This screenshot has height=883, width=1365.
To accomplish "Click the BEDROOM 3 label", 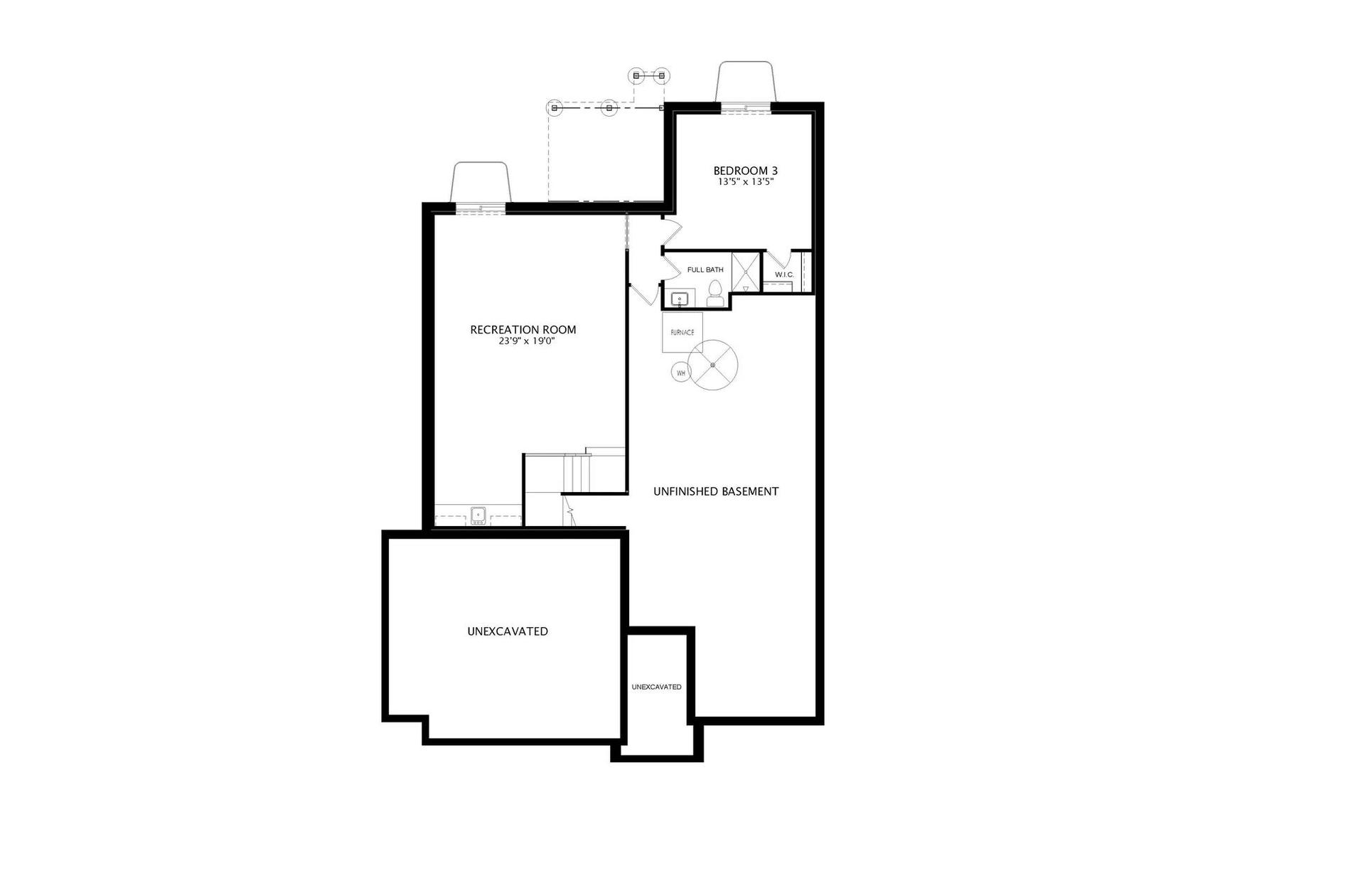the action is pos(745,171).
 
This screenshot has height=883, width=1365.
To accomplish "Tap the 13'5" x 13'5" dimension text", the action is pos(745,182).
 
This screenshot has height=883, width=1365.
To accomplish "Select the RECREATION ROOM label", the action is pos(523,330).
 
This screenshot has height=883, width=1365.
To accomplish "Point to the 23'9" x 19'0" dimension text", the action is pos(526,341).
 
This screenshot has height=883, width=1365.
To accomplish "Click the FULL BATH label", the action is pos(705,270).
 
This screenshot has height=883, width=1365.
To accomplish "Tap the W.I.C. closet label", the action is pos(784,274).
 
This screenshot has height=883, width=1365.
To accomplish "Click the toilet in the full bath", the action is pos(715,294).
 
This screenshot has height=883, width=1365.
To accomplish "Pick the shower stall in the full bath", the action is pos(746,272).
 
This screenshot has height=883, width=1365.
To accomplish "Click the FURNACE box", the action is pos(682,332).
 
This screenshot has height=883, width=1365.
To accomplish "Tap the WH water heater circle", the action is pos(681,373).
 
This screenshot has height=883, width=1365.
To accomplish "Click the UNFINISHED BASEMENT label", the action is pos(716,491).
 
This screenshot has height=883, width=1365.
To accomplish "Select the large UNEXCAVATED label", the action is pos(508,631).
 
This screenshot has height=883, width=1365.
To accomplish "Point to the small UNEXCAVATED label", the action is pos(657,687).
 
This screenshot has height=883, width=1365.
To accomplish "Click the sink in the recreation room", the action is pos(478,515).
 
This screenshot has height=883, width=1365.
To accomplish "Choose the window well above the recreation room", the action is pos(481,183).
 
